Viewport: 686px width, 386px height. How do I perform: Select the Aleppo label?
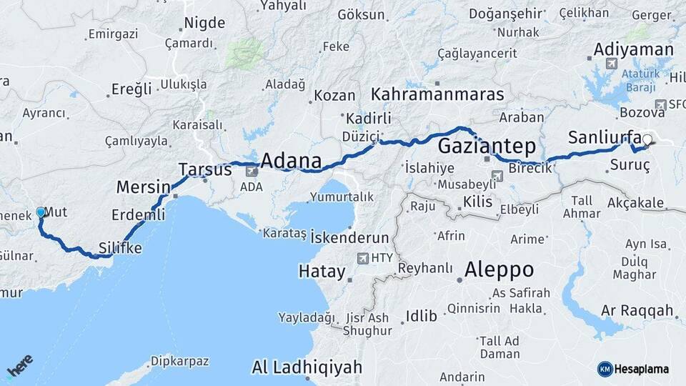(x=499, y=269)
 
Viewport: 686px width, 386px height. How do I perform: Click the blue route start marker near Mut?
(x=40, y=212)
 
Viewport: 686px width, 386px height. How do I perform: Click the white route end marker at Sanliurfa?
(x=647, y=139)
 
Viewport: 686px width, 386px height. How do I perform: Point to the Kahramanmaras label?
(x=437, y=94)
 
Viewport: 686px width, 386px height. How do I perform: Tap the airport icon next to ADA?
(x=252, y=172)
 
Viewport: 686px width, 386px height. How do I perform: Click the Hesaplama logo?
(x=633, y=368)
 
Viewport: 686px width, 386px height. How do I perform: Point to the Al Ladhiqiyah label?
(x=307, y=367)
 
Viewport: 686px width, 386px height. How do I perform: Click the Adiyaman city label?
(x=634, y=49)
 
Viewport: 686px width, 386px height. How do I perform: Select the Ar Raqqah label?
(x=637, y=310)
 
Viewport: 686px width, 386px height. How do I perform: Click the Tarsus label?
(x=205, y=169)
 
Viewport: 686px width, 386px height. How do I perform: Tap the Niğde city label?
(x=204, y=24)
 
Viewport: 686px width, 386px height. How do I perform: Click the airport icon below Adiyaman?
(x=611, y=64)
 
